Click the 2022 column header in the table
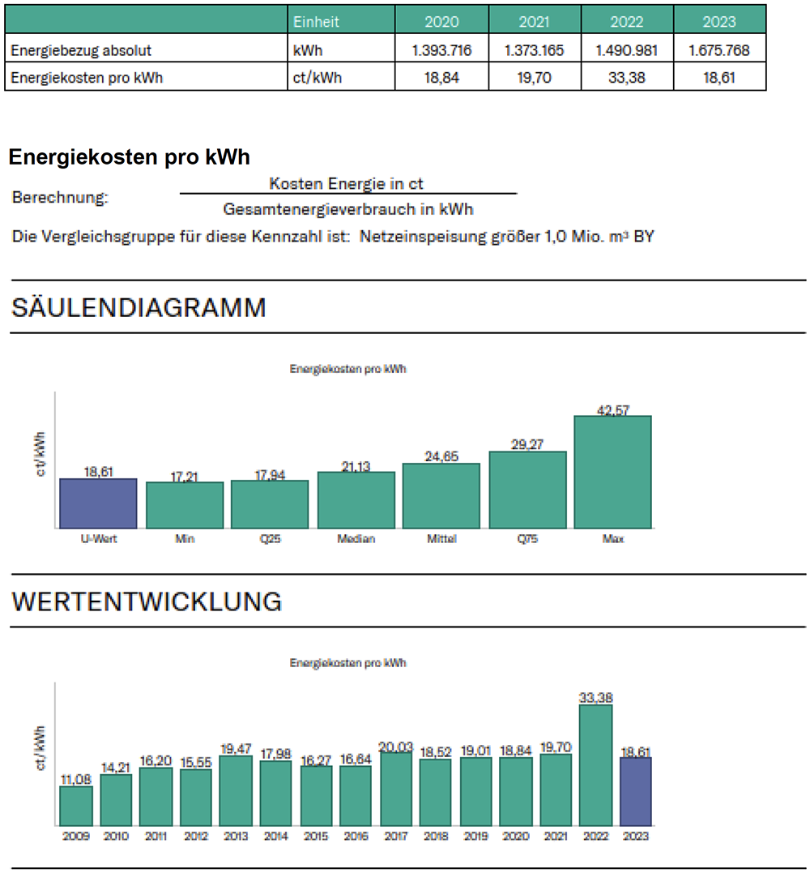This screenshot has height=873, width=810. click(627, 21)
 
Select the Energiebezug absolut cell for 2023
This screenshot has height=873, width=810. click(719, 50)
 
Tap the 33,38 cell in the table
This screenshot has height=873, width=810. click(627, 78)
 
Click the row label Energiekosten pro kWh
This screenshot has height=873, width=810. click(81, 78)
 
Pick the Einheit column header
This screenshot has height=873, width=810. click(317, 21)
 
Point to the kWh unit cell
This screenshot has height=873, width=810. click(308, 50)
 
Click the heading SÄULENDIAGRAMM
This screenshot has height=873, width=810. click(139, 308)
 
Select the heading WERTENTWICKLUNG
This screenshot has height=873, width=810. click(147, 602)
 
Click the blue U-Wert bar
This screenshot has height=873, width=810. click(98, 503)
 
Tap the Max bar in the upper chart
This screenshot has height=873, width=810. click(612, 472)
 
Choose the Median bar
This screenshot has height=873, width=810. click(356, 499)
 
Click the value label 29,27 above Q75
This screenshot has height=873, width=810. click(527, 445)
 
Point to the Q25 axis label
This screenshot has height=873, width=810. click(270, 539)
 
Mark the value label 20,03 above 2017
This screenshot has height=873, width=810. click(396, 747)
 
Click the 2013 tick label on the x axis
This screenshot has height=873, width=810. click(236, 836)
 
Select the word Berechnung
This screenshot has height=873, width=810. click(60, 198)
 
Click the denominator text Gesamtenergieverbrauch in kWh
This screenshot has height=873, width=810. click(348, 209)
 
